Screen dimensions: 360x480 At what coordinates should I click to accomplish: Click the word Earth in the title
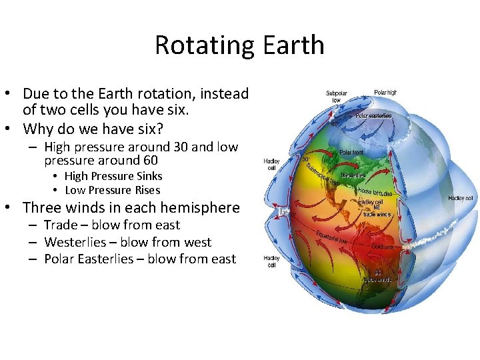coord(294,45)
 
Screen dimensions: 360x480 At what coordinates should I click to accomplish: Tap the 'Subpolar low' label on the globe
coord(337,97)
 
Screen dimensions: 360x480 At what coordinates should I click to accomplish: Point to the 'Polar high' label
coord(385,93)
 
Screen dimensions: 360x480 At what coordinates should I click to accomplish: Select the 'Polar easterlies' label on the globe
coord(373,115)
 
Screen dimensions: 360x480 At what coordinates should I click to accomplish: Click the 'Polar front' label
coord(351,152)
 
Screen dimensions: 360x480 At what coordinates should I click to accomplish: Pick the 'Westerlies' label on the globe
coord(353,176)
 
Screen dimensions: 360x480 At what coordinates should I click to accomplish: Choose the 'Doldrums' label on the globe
coord(383,247)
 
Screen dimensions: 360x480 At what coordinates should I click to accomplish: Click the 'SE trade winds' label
coord(377,276)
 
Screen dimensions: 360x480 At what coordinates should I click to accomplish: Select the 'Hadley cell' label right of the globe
coord(461,198)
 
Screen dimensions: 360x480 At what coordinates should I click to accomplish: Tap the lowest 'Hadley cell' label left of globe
coord(271,261)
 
